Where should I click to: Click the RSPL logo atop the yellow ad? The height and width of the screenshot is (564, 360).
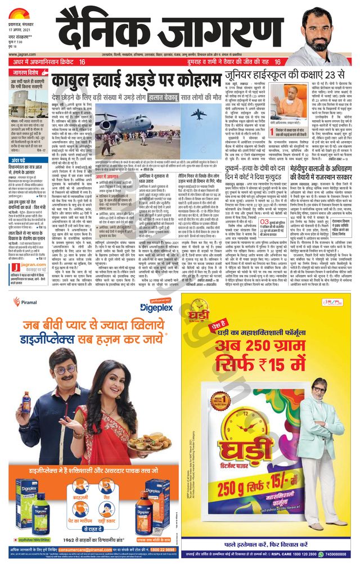coord(336,301)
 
